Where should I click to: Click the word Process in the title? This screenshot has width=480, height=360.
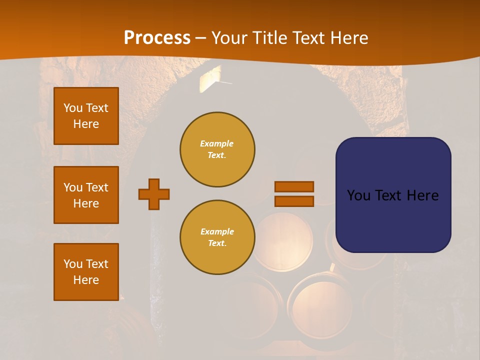tap(157, 38)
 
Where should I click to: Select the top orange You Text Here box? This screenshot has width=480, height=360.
tap(86, 116)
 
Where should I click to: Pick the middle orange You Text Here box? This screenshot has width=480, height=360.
tap(86, 195)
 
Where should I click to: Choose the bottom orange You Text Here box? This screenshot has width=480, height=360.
tap(86, 272)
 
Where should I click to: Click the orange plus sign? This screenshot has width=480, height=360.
tap(154, 194)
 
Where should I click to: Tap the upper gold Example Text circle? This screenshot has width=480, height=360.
tap(217, 149)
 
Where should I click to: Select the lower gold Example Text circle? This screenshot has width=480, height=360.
tap(217, 237)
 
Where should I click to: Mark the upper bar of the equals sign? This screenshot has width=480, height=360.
tap(294, 186)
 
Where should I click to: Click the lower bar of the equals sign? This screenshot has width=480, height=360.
tap(294, 201)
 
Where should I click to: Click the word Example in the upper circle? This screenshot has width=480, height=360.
tap(217, 143)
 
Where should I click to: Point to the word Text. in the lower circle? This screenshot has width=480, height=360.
tap(217, 243)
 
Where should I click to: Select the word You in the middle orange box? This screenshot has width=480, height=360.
tap(72, 187)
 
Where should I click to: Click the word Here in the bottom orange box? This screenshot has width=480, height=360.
tap(86, 280)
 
